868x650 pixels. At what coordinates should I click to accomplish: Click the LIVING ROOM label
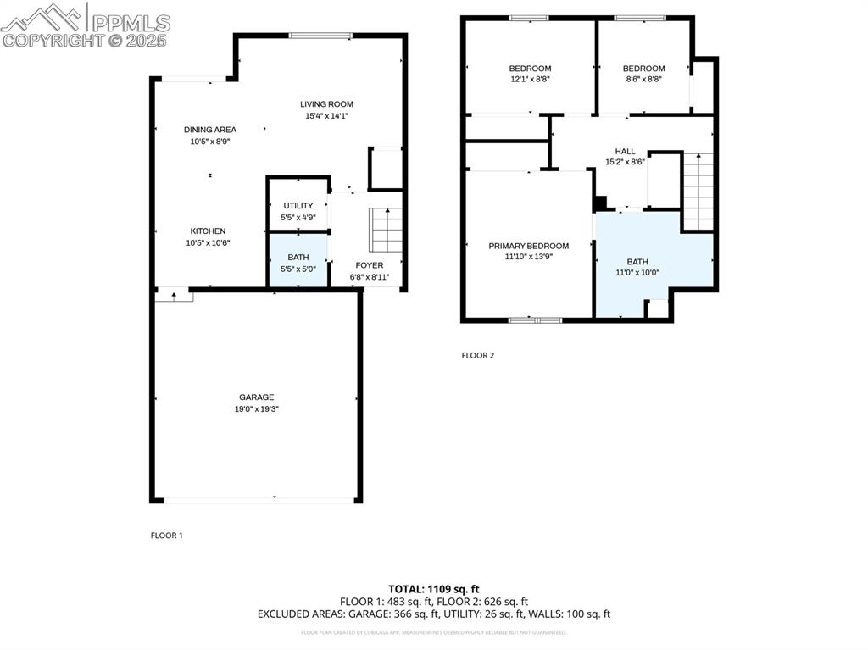[x=326, y=104]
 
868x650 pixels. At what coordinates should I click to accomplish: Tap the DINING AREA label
[x=210, y=130]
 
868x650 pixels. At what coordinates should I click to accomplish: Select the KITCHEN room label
[x=208, y=231]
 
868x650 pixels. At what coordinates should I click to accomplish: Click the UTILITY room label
[x=298, y=206]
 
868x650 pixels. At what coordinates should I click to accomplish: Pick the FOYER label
[x=369, y=265]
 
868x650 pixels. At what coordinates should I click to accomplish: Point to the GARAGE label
[x=256, y=397]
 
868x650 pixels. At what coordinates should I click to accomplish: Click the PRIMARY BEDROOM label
[x=528, y=247]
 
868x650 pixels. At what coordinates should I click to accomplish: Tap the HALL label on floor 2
[x=625, y=152]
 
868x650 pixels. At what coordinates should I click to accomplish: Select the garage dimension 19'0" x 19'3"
[x=258, y=409]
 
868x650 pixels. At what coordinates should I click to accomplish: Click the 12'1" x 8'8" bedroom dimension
[x=530, y=80]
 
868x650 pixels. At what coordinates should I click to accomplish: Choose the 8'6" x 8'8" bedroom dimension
[x=643, y=80]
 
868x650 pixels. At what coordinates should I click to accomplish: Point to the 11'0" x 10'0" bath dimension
[x=637, y=274]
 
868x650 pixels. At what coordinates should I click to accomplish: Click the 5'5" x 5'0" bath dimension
[x=298, y=269]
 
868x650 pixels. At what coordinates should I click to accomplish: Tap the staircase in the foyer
[x=385, y=229]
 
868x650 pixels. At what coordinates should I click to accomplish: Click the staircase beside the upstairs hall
[x=698, y=192]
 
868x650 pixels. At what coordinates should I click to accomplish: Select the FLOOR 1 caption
[x=166, y=536]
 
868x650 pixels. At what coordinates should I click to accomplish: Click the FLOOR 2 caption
[x=477, y=356]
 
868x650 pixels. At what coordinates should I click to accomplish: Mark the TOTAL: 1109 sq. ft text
[x=433, y=589]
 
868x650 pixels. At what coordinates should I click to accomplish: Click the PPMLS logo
[x=85, y=23]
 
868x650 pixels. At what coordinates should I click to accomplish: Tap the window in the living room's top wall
[x=320, y=36]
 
